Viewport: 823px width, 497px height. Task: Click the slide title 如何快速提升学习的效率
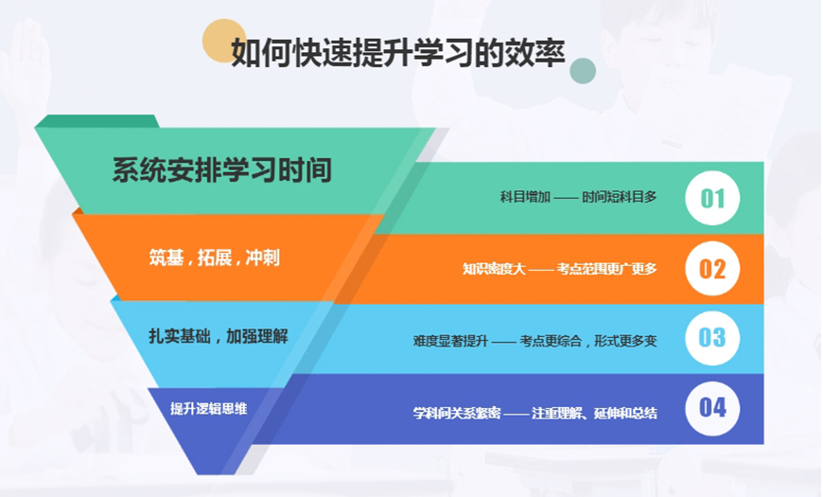click(x=398, y=53)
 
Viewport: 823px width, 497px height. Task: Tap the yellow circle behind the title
click(x=223, y=41)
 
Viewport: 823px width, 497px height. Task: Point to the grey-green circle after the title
click(x=583, y=71)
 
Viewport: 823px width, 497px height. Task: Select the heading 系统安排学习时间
click(x=222, y=170)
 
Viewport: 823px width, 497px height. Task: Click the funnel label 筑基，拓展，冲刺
click(x=214, y=257)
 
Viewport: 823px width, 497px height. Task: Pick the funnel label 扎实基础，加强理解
click(x=219, y=336)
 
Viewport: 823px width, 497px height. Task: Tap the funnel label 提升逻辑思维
click(x=208, y=409)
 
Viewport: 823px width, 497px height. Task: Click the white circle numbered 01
click(x=712, y=198)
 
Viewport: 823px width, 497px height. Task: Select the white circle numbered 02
click(x=712, y=269)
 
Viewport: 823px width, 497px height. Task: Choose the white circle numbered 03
click(x=712, y=338)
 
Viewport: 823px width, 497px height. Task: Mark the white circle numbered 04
click(x=712, y=408)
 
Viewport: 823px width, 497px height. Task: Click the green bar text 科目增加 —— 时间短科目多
click(x=578, y=197)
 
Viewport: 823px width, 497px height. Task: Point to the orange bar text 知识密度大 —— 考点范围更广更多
click(x=559, y=269)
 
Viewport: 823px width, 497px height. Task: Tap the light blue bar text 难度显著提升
click(x=450, y=341)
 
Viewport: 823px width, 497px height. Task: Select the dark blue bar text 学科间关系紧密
click(x=457, y=414)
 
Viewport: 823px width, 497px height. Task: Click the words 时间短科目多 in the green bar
click(x=620, y=197)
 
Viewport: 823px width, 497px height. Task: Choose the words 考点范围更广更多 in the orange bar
click(x=606, y=269)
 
